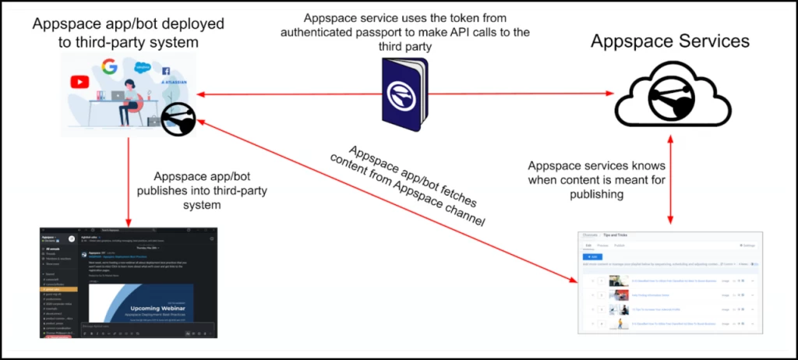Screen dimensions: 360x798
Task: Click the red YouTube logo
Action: (79, 82)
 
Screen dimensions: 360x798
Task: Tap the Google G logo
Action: (109, 66)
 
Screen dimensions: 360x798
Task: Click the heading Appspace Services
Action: (669, 41)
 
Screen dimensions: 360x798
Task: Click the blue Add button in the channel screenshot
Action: (593, 256)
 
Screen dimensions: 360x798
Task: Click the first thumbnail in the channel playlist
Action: (620, 281)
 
